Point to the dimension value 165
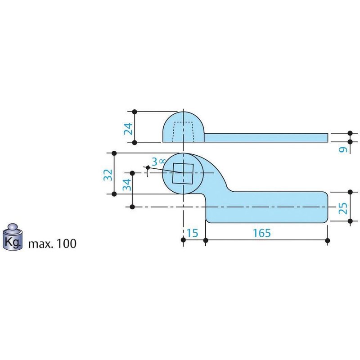(262, 233)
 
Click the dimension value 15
(193, 233)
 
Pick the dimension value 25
(343, 207)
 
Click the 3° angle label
(157, 162)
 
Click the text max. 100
(52, 244)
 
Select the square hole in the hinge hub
(183, 174)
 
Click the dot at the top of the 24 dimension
(135, 111)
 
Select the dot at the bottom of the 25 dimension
(350, 221)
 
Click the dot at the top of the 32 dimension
(114, 153)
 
